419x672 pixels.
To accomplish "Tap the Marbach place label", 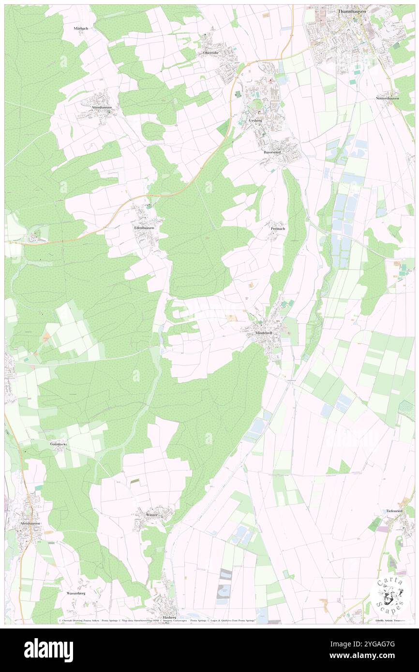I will pyautogui.click(x=81, y=29).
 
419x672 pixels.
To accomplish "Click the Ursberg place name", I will pyautogui.click(x=256, y=119).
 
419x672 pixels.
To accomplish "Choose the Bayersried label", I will pyautogui.click(x=272, y=152).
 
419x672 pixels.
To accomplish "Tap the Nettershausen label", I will pyautogui.click(x=388, y=98).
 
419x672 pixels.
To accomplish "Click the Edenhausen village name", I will pyautogui.click(x=144, y=227).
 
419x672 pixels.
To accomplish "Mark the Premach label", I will pyautogui.click(x=278, y=228).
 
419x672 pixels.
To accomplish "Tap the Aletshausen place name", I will pyautogui.click(x=30, y=523).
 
